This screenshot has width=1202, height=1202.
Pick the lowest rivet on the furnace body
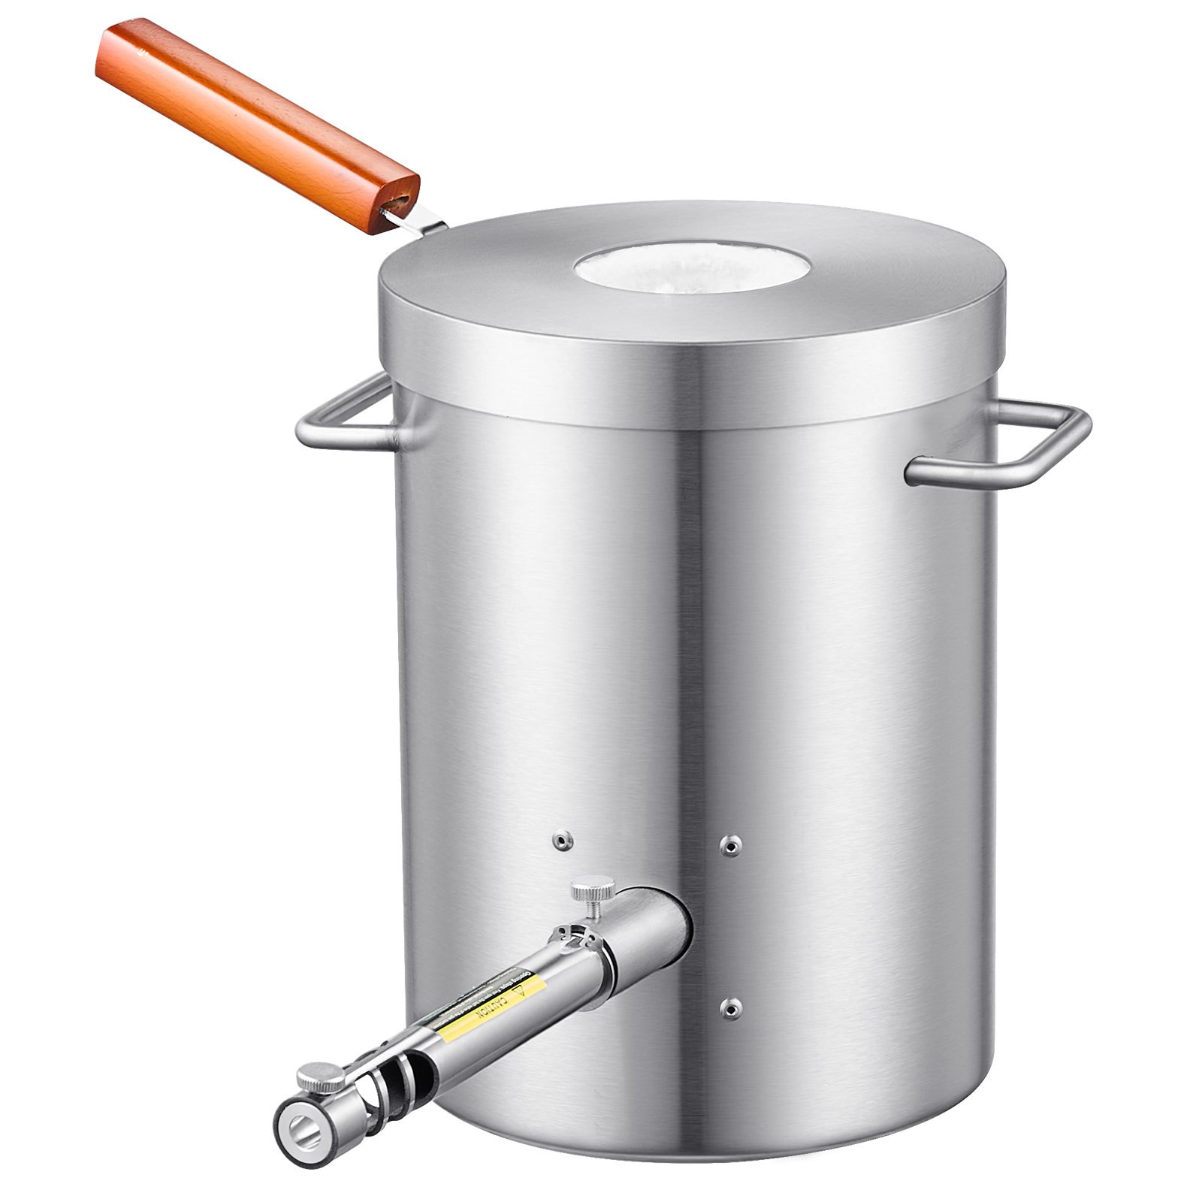pyautogui.click(x=726, y=1027)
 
